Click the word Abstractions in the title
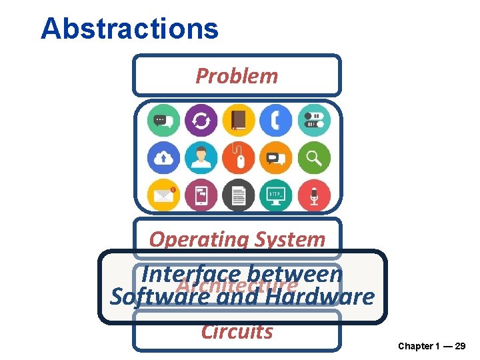pos(129,29)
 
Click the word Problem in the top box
pos(237,76)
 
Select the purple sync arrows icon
pos(201,121)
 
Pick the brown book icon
pos(238,121)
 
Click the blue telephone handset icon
pos(276,121)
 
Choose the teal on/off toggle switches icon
pos(313,121)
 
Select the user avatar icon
pos(201,158)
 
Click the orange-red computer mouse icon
pos(238,158)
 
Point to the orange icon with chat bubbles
pos(276,158)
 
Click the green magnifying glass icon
pos(313,158)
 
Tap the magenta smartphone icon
pos(201,195)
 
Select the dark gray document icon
pos(238,195)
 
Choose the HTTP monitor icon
pos(276,195)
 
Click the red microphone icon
pos(313,195)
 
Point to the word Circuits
pos(237,331)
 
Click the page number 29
pos(460,346)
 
